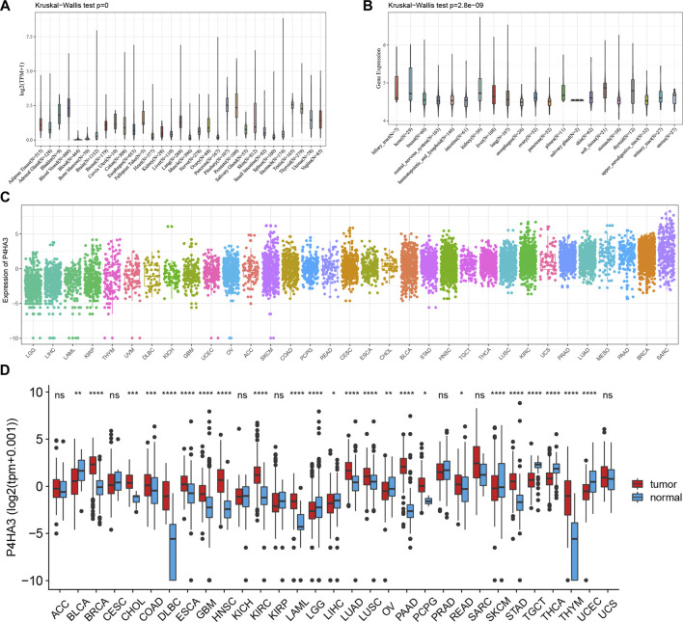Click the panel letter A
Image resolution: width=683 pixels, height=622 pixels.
[x=7, y=6]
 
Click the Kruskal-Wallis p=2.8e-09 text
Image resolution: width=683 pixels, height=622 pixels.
[x=413, y=8]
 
